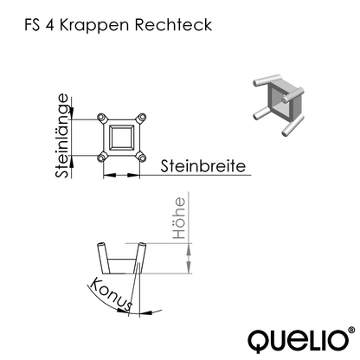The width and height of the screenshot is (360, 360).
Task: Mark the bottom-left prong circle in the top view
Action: (x=103, y=157)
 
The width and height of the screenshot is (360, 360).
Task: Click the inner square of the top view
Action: (x=123, y=137)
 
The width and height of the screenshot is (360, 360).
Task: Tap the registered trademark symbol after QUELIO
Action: (x=350, y=328)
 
